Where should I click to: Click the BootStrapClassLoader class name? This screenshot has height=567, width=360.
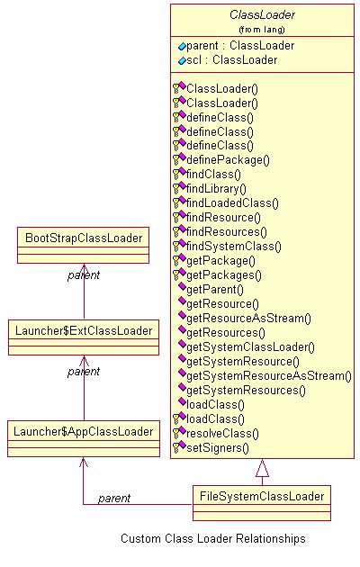84,238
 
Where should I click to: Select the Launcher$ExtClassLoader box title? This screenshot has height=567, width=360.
84,330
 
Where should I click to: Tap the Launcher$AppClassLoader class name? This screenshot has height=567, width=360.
84,431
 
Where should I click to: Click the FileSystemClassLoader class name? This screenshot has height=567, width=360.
262,496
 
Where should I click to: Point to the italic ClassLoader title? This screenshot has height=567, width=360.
262,14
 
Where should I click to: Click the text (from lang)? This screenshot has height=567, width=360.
262,30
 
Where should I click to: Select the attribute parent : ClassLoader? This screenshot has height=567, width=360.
240,46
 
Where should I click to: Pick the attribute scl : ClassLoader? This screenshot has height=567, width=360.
231,59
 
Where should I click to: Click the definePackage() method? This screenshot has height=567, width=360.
228,160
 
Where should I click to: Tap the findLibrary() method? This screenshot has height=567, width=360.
216,189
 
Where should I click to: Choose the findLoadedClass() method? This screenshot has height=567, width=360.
232,202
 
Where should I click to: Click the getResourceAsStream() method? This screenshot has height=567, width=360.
248,319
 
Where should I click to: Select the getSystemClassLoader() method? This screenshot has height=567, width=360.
250,347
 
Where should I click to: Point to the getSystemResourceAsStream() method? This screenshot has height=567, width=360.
269,375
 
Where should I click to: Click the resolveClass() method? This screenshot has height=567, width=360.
222,433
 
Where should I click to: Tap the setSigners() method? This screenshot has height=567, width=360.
218,447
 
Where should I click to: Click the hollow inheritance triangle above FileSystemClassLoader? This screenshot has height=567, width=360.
262,468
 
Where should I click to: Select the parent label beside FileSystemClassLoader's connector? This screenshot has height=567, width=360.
114,499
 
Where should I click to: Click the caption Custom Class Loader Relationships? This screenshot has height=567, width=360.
213,538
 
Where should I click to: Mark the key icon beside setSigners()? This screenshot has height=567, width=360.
176,448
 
